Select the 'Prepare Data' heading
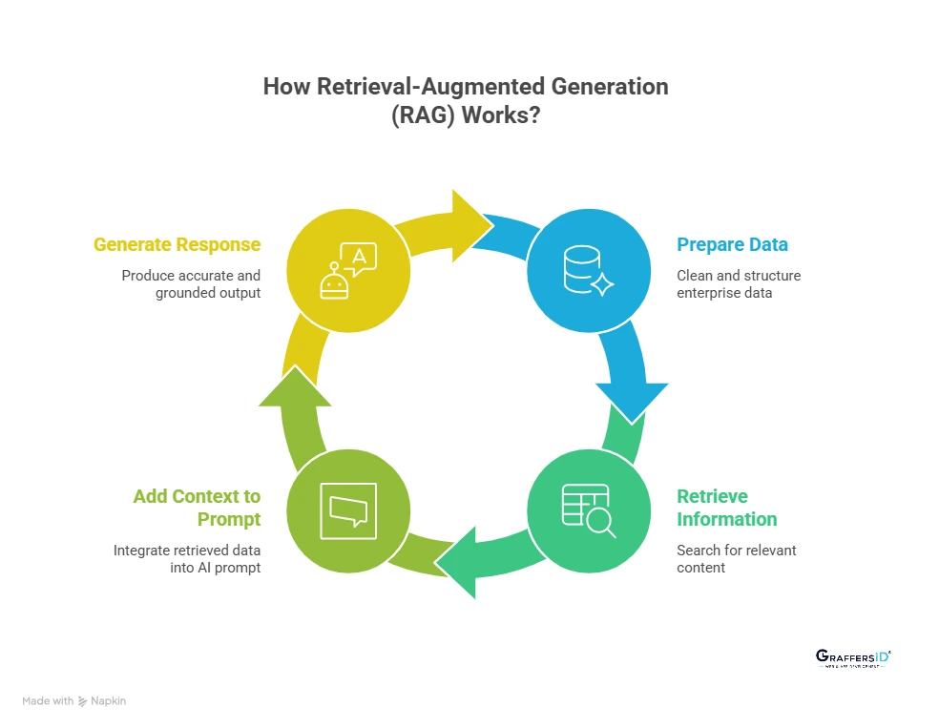coord(732,245)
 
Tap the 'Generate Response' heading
coord(177,245)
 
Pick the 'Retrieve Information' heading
coord(726,508)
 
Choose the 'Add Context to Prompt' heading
coord(197,508)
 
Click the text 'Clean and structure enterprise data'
coord(739,284)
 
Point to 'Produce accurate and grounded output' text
coord(191,284)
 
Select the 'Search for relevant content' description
coord(736,559)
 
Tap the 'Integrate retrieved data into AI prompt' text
coord(187,559)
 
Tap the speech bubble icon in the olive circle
coord(349,510)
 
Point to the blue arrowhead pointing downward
coord(632,401)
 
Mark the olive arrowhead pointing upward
coord(295,385)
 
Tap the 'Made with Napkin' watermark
coord(73,701)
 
